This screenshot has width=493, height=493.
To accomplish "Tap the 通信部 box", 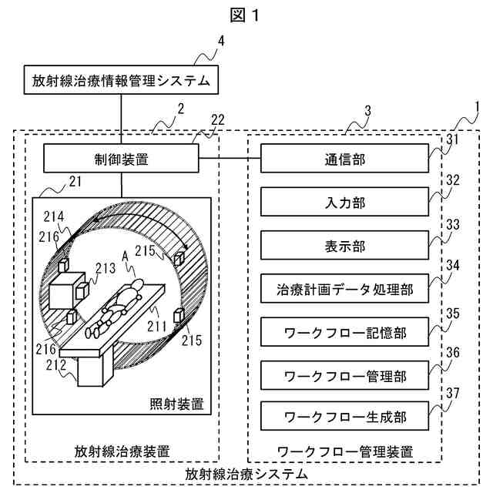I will (x=344, y=160).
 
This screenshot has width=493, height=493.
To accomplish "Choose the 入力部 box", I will (x=344, y=203).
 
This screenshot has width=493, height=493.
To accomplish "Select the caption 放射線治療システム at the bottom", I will (x=247, y=473).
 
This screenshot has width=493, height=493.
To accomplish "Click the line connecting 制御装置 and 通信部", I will (x=230, y=160).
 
